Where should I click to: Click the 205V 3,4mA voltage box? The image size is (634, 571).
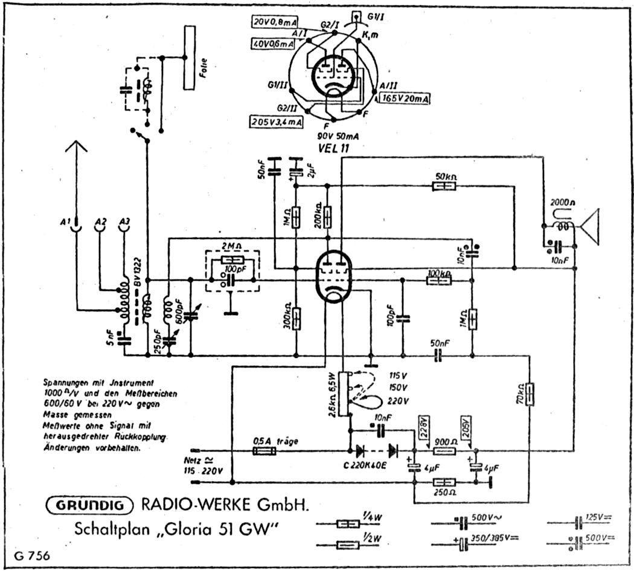coord(276,121)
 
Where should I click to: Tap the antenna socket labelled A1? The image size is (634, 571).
coord(75,226)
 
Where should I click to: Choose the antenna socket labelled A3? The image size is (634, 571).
coord(125,226)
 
